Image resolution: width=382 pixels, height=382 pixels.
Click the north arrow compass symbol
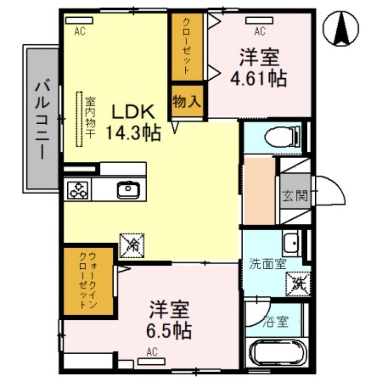click(342, 29)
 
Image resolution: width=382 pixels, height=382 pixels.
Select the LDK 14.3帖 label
click(132, 122)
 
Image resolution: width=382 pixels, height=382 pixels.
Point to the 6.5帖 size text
click(169, 329)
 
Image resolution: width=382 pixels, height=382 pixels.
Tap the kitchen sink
click(128, 190)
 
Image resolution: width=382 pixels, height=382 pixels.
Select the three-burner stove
click(78, 190)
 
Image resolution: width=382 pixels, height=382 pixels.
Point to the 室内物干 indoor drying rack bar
click(79, 119)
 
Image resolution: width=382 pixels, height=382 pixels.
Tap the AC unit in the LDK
click(79, 21)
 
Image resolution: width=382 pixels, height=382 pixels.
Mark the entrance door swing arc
click(332, 191)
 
